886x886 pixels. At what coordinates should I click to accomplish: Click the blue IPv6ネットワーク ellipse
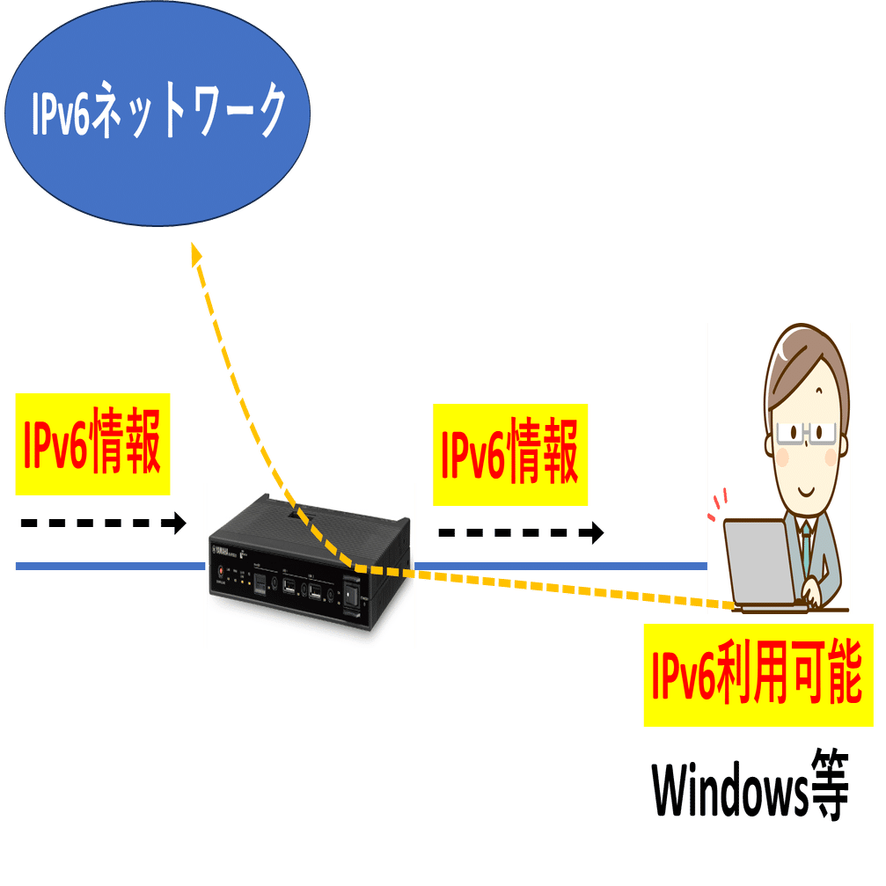tap(157, 114)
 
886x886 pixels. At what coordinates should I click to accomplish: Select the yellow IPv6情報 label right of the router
tap(510, 456)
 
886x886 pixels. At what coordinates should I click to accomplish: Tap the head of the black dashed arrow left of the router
tap(180, 524)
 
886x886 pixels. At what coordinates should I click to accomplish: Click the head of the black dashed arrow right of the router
tap(597, 532)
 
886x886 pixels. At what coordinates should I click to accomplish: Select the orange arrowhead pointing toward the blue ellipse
tap(196, 254)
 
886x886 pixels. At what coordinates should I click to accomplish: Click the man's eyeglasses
tap(805, 434)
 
